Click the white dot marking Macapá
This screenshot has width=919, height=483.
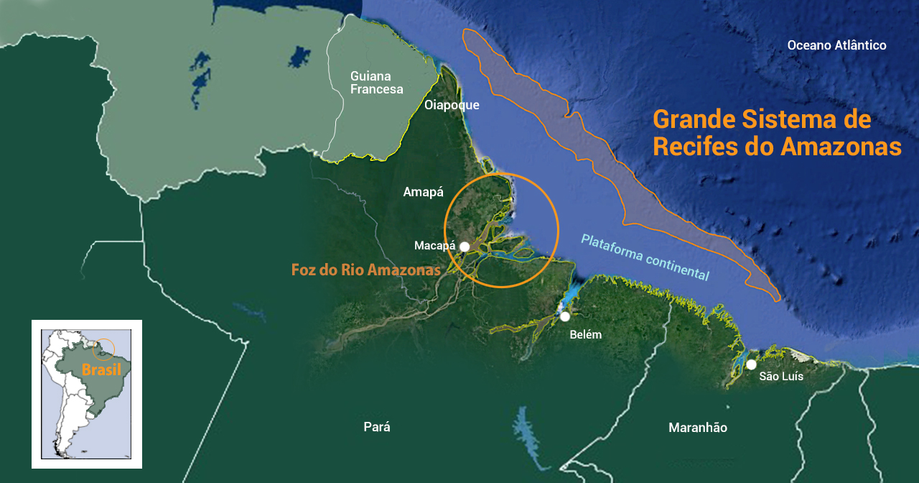(x=465, y=247)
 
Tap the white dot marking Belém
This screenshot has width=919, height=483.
(x=566, y=316)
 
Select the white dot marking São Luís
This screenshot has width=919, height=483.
(x=751, y=364)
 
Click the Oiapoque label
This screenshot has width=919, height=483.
(x=452, y=106)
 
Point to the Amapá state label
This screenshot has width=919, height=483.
(x=424, y=192)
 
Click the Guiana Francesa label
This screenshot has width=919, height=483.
(x=376, y=83)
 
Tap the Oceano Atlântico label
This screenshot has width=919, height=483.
(x=836, y=45)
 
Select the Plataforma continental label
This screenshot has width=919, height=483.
(x=645, y=257)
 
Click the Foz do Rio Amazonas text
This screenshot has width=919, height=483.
(x=365, y=270)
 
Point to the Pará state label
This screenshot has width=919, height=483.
(x=377, y=427)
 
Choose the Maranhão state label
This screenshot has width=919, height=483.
(x=697, y=428)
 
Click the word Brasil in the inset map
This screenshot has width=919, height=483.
(x=101, y=370)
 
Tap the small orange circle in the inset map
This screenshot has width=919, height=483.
(x=104, y=349)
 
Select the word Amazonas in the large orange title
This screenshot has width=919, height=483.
(x=841, y=147)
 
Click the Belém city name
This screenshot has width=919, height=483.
(x=585, y=335)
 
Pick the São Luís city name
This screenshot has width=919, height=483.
(x=781, y=377)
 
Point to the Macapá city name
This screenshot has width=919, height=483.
(x=435, y=246)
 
